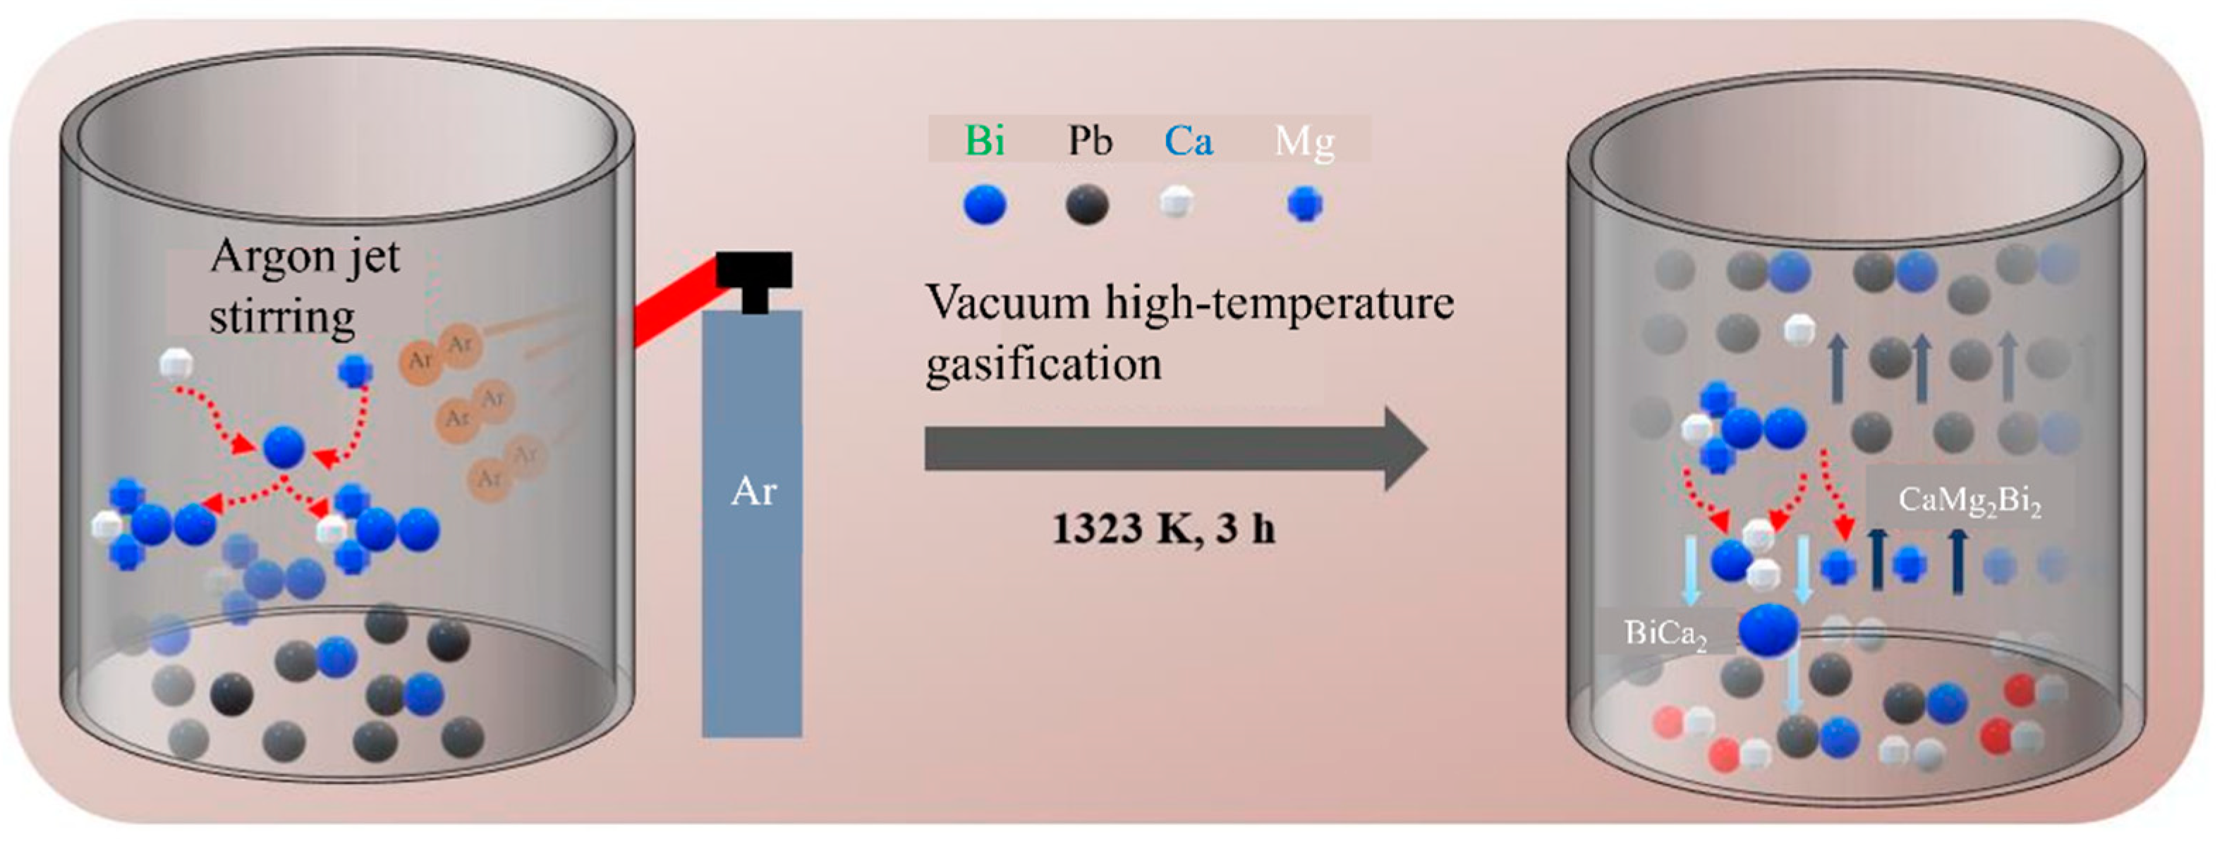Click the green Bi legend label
984,140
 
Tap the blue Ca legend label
1189,140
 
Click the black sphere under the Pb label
1087,205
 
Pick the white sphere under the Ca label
1174,202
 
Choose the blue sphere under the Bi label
984,205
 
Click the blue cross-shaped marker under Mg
1304,205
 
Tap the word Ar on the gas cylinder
753,491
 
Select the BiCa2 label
1665,635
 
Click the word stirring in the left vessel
281,317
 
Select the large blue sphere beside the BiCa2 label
1768,631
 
